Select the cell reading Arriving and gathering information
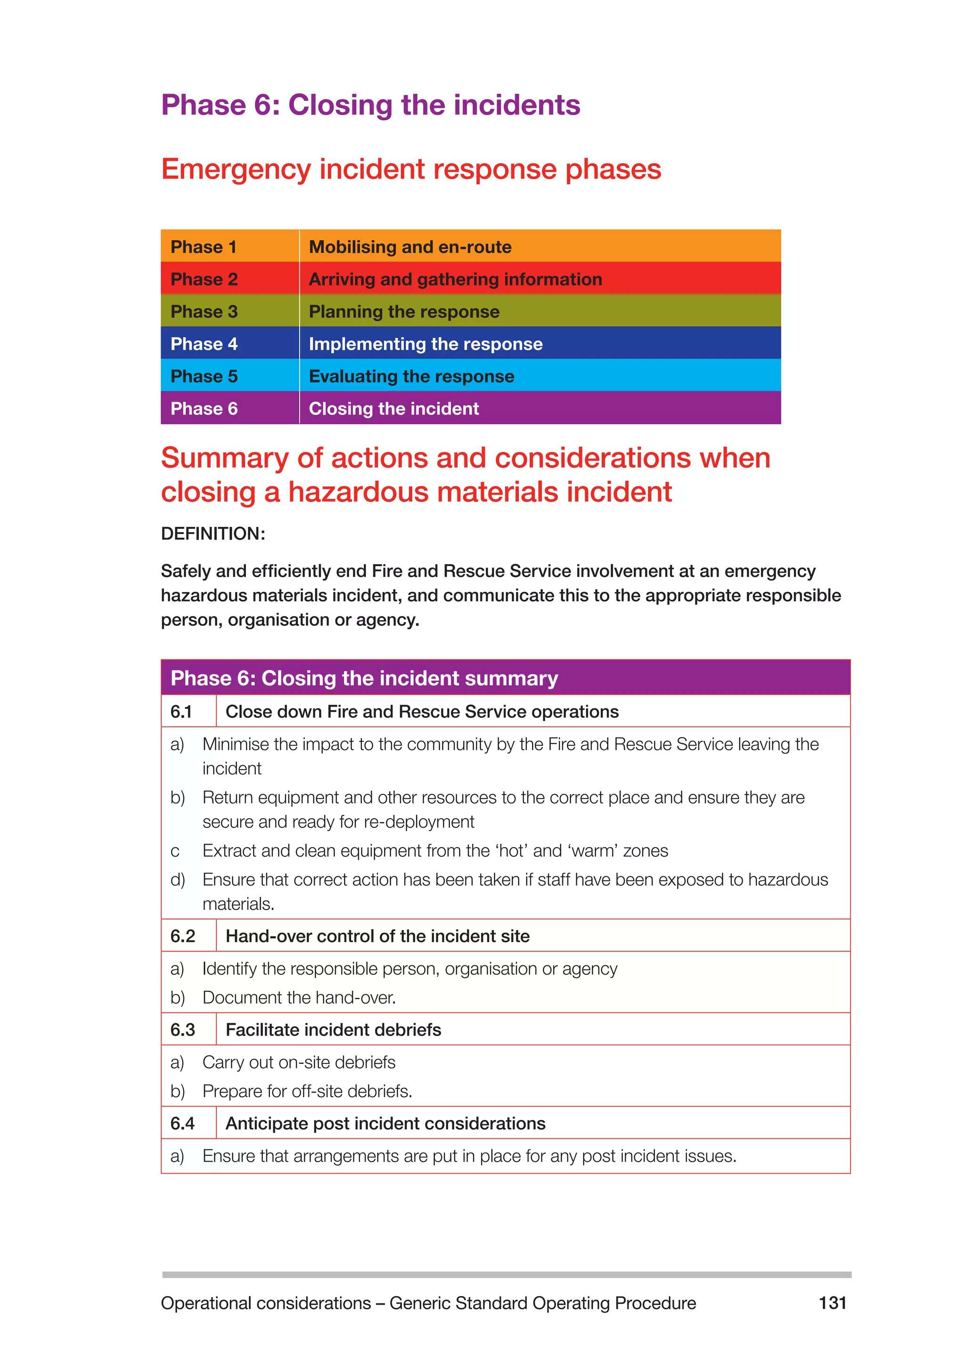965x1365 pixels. (x=455, y=280)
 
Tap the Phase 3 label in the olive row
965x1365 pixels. (x=204, y=312)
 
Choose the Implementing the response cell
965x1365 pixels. (x=425, y=344)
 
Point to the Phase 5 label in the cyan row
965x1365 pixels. (x=204, y=376)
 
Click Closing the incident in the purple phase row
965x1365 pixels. (x=393, y=409)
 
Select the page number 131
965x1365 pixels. (x=832, y=1303)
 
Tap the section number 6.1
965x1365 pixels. (x=181, y=712)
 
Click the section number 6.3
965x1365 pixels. (x=182, y=1030)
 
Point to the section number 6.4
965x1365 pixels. (x=182, y=1124)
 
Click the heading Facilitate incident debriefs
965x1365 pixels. (x=333, y=1030)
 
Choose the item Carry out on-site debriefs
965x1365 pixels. (x=299, y=1062)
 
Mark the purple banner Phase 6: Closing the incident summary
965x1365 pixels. (x=364, y=678)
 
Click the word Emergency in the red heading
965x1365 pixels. (x=236, y=169)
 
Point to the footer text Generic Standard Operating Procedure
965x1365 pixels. (x=542, y=1303)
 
